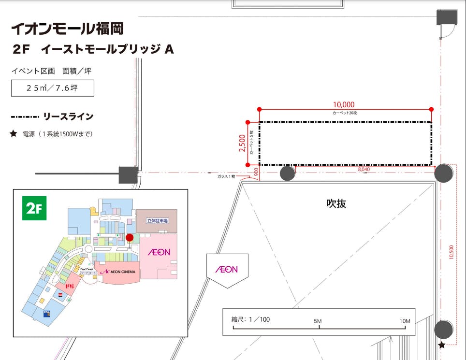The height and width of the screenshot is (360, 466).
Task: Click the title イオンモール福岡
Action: pos(67,29)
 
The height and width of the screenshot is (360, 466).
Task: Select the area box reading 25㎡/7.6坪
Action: pos(53,88)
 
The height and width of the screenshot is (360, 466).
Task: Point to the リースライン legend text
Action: pos(68,117)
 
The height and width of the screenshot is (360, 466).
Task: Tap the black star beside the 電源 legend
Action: pos(14,134)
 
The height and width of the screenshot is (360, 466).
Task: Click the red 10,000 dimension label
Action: pos(344,104)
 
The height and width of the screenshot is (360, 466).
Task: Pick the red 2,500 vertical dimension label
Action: pos(242,143)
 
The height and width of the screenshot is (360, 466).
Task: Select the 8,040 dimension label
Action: pos(364,170)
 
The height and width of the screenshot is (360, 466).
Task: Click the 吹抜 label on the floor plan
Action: pos(336,203)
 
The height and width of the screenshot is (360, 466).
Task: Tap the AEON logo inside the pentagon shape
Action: pos(226,269)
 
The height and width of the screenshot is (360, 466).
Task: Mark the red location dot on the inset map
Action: pos(130,237)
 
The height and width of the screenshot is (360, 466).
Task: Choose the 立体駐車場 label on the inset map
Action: pos(157,221)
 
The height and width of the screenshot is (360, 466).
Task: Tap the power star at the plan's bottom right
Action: pos(441,345)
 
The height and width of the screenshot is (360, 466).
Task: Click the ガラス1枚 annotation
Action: pos(226,177)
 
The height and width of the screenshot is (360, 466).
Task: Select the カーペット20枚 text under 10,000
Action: pos(345,113)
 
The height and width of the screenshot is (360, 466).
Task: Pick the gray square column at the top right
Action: pos(447,17)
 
